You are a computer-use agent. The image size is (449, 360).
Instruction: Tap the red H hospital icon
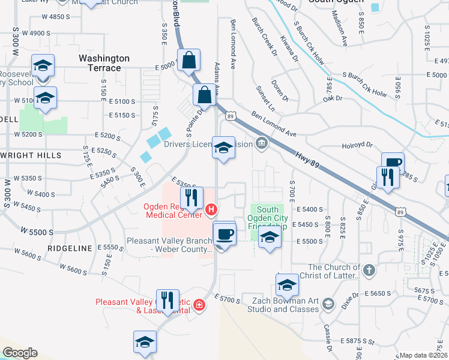(211, 209)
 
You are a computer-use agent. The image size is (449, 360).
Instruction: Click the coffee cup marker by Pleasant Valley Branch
(224, 234)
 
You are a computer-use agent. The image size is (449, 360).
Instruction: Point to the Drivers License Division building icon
(262, 143)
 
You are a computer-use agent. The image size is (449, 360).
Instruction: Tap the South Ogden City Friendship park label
(268, 218)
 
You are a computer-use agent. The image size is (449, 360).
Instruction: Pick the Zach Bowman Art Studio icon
(328, 305)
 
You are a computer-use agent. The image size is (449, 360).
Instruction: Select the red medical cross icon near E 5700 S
(199, 307)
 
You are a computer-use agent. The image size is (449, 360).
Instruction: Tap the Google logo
(20, 353)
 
